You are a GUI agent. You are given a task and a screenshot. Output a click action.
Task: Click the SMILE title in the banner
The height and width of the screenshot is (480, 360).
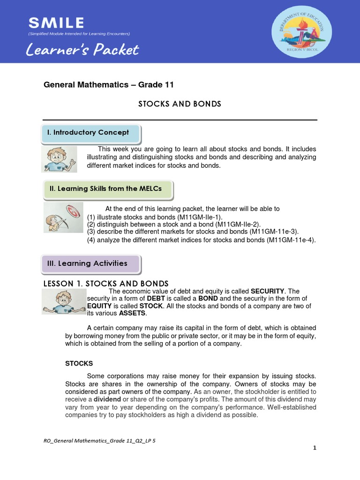click(x=56, y=22)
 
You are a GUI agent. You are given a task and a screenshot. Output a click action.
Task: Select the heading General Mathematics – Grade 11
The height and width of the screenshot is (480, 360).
click(x=109, y=85)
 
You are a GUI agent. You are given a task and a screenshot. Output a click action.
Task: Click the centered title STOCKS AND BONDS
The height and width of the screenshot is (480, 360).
click(x=180, y=104)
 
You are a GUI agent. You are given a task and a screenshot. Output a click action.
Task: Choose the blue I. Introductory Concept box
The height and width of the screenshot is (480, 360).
click(x=91, y=133)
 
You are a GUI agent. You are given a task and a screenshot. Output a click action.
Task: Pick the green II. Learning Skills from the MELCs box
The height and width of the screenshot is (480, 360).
click(x=107, y=188)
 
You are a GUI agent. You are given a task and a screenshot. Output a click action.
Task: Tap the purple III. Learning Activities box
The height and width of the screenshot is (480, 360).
click(x=91, y=263)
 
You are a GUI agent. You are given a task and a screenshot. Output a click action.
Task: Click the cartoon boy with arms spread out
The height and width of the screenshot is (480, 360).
click(x=63, y=301)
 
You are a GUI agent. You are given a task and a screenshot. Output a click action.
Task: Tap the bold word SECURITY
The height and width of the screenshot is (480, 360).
click(x=268, y=291)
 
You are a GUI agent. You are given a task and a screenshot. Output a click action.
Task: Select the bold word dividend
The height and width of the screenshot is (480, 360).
click(x=107, y=399)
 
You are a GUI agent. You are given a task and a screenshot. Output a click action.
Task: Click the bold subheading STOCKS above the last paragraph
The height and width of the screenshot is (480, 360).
click(x=79, y=363)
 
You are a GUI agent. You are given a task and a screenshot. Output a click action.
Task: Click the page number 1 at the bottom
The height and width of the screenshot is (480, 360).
click(x=315, y=448)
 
